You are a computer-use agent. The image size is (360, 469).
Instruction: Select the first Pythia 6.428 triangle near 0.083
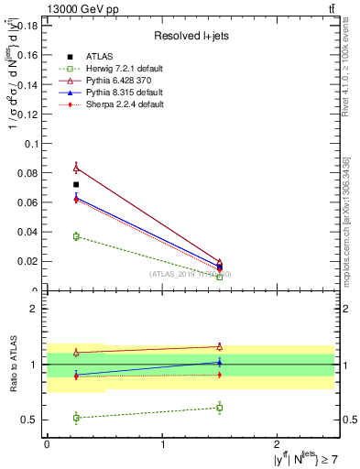point(76,168)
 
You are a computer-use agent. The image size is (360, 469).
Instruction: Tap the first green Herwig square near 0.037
point(76,236)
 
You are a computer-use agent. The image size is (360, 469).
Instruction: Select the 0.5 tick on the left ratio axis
point(35,420)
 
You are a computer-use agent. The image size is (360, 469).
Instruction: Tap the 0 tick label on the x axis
point(47,444)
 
